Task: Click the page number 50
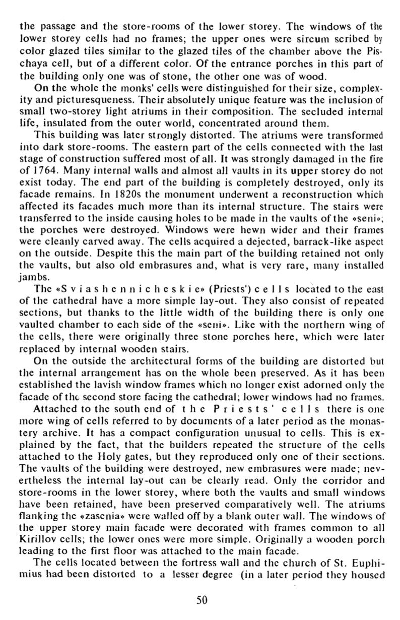click(x=201, y=599)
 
